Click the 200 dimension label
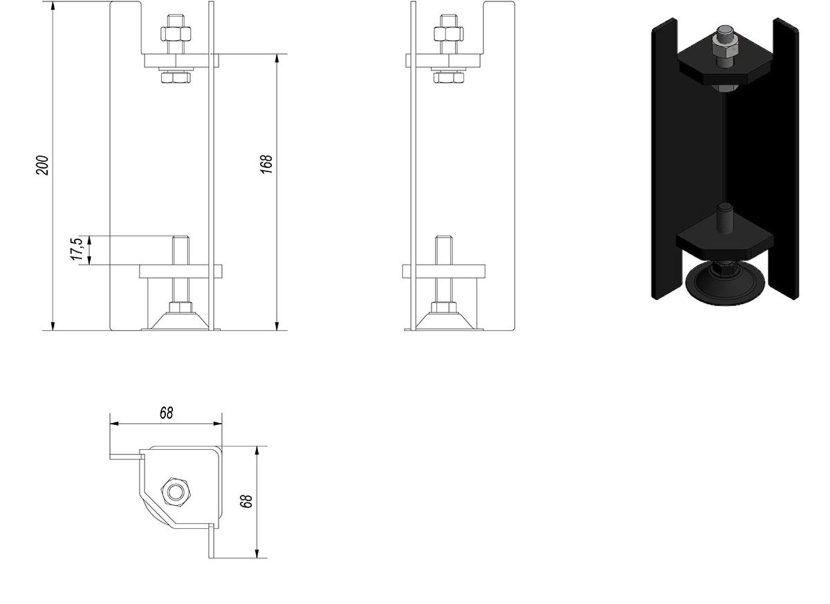pyautogui.click(x=42, y=165)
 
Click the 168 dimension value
pyautogui.click(x=266, y=164)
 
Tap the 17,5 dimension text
pyautogui.click(x=77, y=249)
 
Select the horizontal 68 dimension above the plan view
pyautogui.click(x=166, y=413)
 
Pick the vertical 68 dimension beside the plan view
pyautogui.click(x=247, y=501)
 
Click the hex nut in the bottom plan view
pyautogui.click(x=175, y=492)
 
